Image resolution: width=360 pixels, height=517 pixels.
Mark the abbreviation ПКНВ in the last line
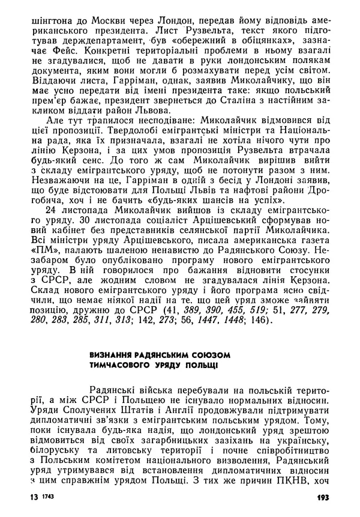[297, 481]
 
